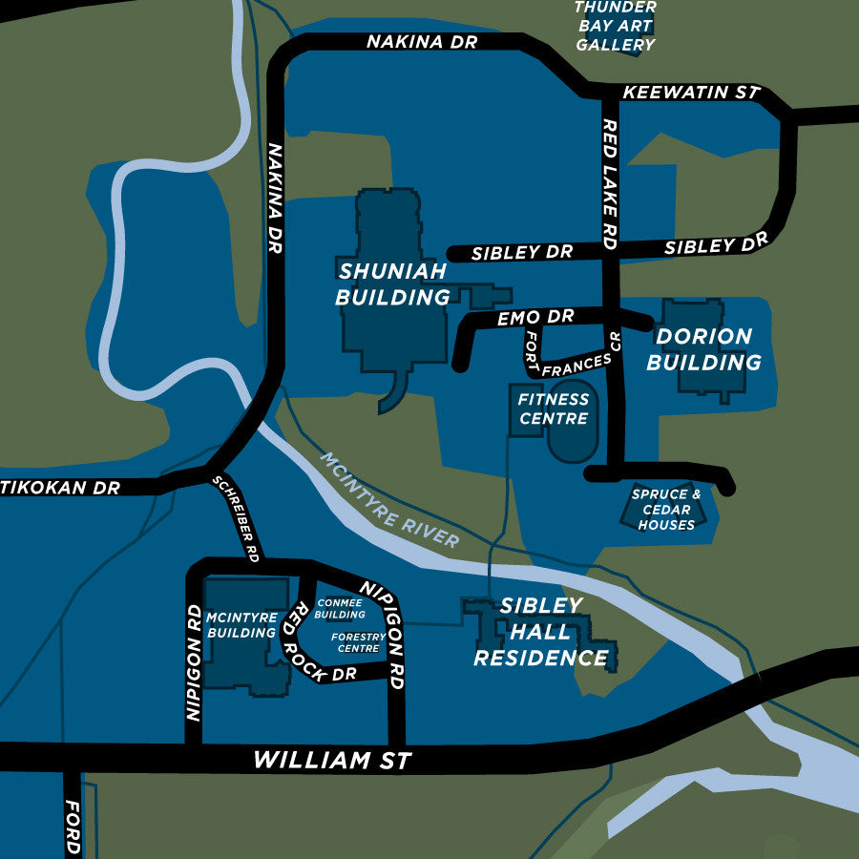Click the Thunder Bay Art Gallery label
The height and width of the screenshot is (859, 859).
[x=616, y=26]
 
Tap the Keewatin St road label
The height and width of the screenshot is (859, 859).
[x=690, y=93]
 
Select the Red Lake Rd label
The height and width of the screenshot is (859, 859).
[x=610, y=184]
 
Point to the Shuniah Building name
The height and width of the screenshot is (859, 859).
[x=392, y=283]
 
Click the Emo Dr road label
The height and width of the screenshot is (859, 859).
[x=534, y=317]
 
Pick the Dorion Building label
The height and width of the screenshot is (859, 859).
[x=703, y=349]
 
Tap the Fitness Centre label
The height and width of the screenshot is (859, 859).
[x=554, y=408]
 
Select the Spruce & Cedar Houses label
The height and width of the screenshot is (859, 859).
[x=666, y=510]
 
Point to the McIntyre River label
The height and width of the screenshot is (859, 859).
[x=389, y=500]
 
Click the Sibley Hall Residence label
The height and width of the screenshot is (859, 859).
[x=540, y=632]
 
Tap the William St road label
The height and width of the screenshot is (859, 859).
[x=332, y=761]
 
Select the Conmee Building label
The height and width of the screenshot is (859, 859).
[x=340, y=609]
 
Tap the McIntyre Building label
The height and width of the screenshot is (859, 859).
[x=241, y=625]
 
